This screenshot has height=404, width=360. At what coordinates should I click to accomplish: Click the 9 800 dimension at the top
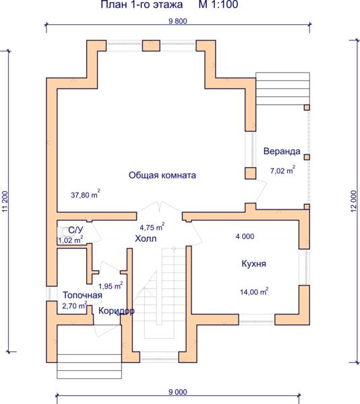[178, 21]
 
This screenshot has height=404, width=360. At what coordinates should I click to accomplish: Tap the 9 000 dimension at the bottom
[178, 392]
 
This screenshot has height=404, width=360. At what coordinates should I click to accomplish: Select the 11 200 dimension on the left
[5, 202]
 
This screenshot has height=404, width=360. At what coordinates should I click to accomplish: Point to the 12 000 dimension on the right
[354, 201]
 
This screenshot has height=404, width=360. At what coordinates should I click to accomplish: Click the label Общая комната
[162, 175]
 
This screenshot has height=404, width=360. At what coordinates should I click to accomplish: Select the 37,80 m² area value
[86, 194]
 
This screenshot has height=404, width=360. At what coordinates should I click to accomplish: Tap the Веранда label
[282, 151]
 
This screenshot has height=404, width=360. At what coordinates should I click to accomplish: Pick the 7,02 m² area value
[282, 170]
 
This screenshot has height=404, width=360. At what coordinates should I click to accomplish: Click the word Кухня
[253, 263]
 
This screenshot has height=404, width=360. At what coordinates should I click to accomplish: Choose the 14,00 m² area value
[254, 292]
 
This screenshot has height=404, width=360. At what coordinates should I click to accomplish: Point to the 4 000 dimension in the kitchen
[245, 236]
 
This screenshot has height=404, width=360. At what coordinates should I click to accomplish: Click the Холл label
[146, 238]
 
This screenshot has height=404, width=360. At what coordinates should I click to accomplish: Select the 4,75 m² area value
[152, 227]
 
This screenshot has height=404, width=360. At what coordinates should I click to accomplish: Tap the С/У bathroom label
[76, 230]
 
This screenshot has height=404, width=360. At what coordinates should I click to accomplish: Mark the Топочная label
[82, 295]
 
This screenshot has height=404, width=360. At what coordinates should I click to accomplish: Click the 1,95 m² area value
[111, 285]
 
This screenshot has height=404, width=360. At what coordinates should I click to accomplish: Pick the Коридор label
[117, 311]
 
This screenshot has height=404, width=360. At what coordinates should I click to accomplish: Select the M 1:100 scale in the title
[218, 5]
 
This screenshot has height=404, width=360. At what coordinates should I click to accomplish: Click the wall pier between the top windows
[152, 46]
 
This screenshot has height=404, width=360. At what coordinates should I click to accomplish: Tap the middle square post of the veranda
[307, 157]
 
